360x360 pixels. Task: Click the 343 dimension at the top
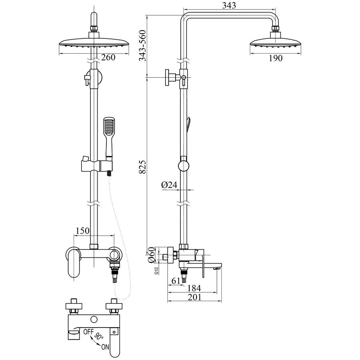229,5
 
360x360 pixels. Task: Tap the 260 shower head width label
108,57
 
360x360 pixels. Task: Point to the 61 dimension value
175,281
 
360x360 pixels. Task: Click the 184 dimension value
194,288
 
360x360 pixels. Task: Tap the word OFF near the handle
88,331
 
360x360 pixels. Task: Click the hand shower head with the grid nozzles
109,127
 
